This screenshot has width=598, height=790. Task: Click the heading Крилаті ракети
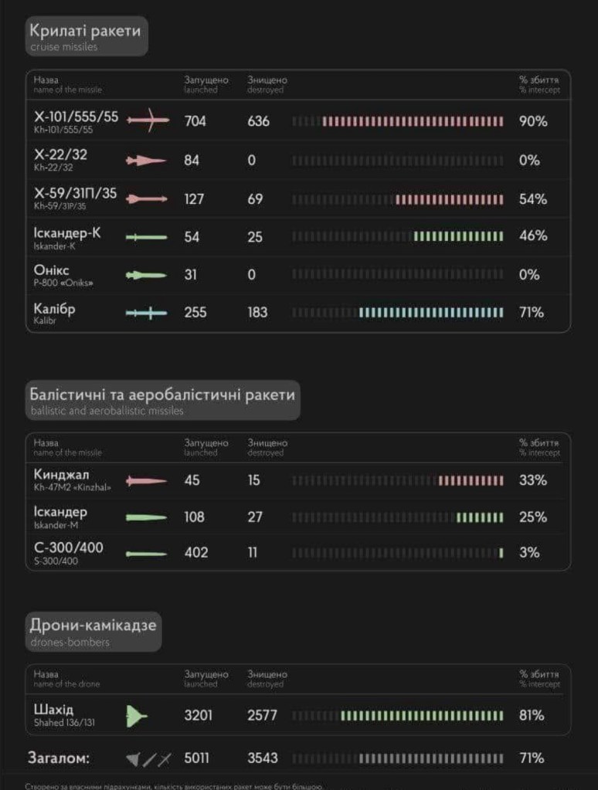click(x=85, y=31)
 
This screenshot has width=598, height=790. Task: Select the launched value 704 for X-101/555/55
click(x=195, y=121)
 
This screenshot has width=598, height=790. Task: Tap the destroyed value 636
click(x=259, y=121)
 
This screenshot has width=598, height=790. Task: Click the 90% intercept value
click(x=532, y=121)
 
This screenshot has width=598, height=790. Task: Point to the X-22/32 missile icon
click(x=146, y=161)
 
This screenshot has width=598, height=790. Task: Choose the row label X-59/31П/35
click(x=75, y=193)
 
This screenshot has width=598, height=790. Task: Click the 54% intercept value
click(x=532, y=199)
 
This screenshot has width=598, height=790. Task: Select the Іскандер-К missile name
click(x=67, y=232)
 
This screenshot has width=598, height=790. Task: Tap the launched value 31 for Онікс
click(x=190, y=274)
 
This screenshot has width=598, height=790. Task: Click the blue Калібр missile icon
click(x=146, y=313)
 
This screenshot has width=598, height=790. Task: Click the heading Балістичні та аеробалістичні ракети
click(x=161, y=395)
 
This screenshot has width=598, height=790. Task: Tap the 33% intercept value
click(x=532, y=480)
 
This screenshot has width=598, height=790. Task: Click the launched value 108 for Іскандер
click(x=195, y=517)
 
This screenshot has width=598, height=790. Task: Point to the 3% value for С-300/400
click(x=530, y=553)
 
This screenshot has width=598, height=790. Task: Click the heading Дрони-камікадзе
click(x=93, y=624)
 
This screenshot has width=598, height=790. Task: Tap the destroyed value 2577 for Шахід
click(x=262, y=716)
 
